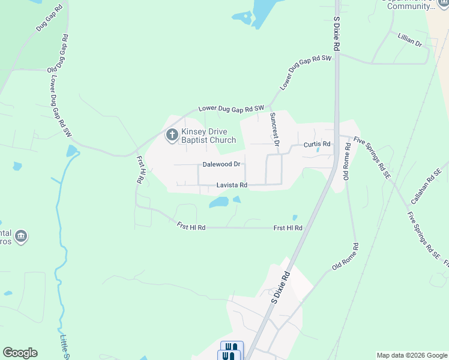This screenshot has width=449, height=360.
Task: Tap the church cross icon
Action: coord(171,135)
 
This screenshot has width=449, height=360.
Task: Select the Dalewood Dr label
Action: coord(221,164)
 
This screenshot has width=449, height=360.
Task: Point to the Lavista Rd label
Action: coord(232,185)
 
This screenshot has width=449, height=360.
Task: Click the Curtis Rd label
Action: coord(317,145)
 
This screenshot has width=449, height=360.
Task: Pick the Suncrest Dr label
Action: coord(274,130)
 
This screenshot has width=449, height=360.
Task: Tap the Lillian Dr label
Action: coord(410,41)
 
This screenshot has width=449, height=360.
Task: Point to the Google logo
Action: coord(20,353)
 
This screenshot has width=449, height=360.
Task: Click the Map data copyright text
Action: coord(411,355)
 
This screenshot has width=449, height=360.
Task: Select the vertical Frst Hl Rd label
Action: coord(141,170)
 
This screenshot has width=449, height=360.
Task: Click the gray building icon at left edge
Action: coord(22,236)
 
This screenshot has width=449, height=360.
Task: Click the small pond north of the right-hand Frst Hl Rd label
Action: coord(295,218)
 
